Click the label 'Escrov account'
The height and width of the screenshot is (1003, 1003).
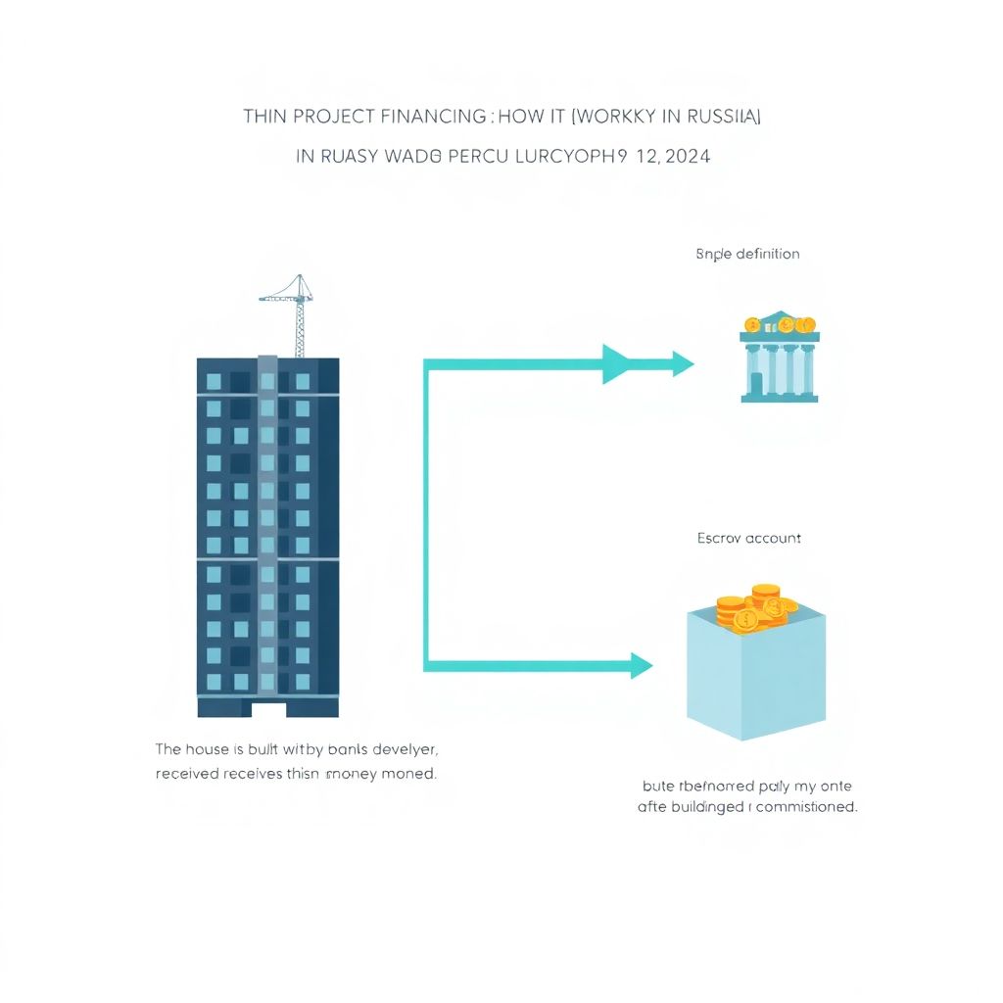click(748, 538)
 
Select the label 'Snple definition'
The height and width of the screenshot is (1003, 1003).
click(747, 254)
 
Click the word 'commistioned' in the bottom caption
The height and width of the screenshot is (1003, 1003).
click(808, 808)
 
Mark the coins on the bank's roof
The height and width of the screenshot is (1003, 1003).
click(780, 323)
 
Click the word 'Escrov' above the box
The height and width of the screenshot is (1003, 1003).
click(720, 538)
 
